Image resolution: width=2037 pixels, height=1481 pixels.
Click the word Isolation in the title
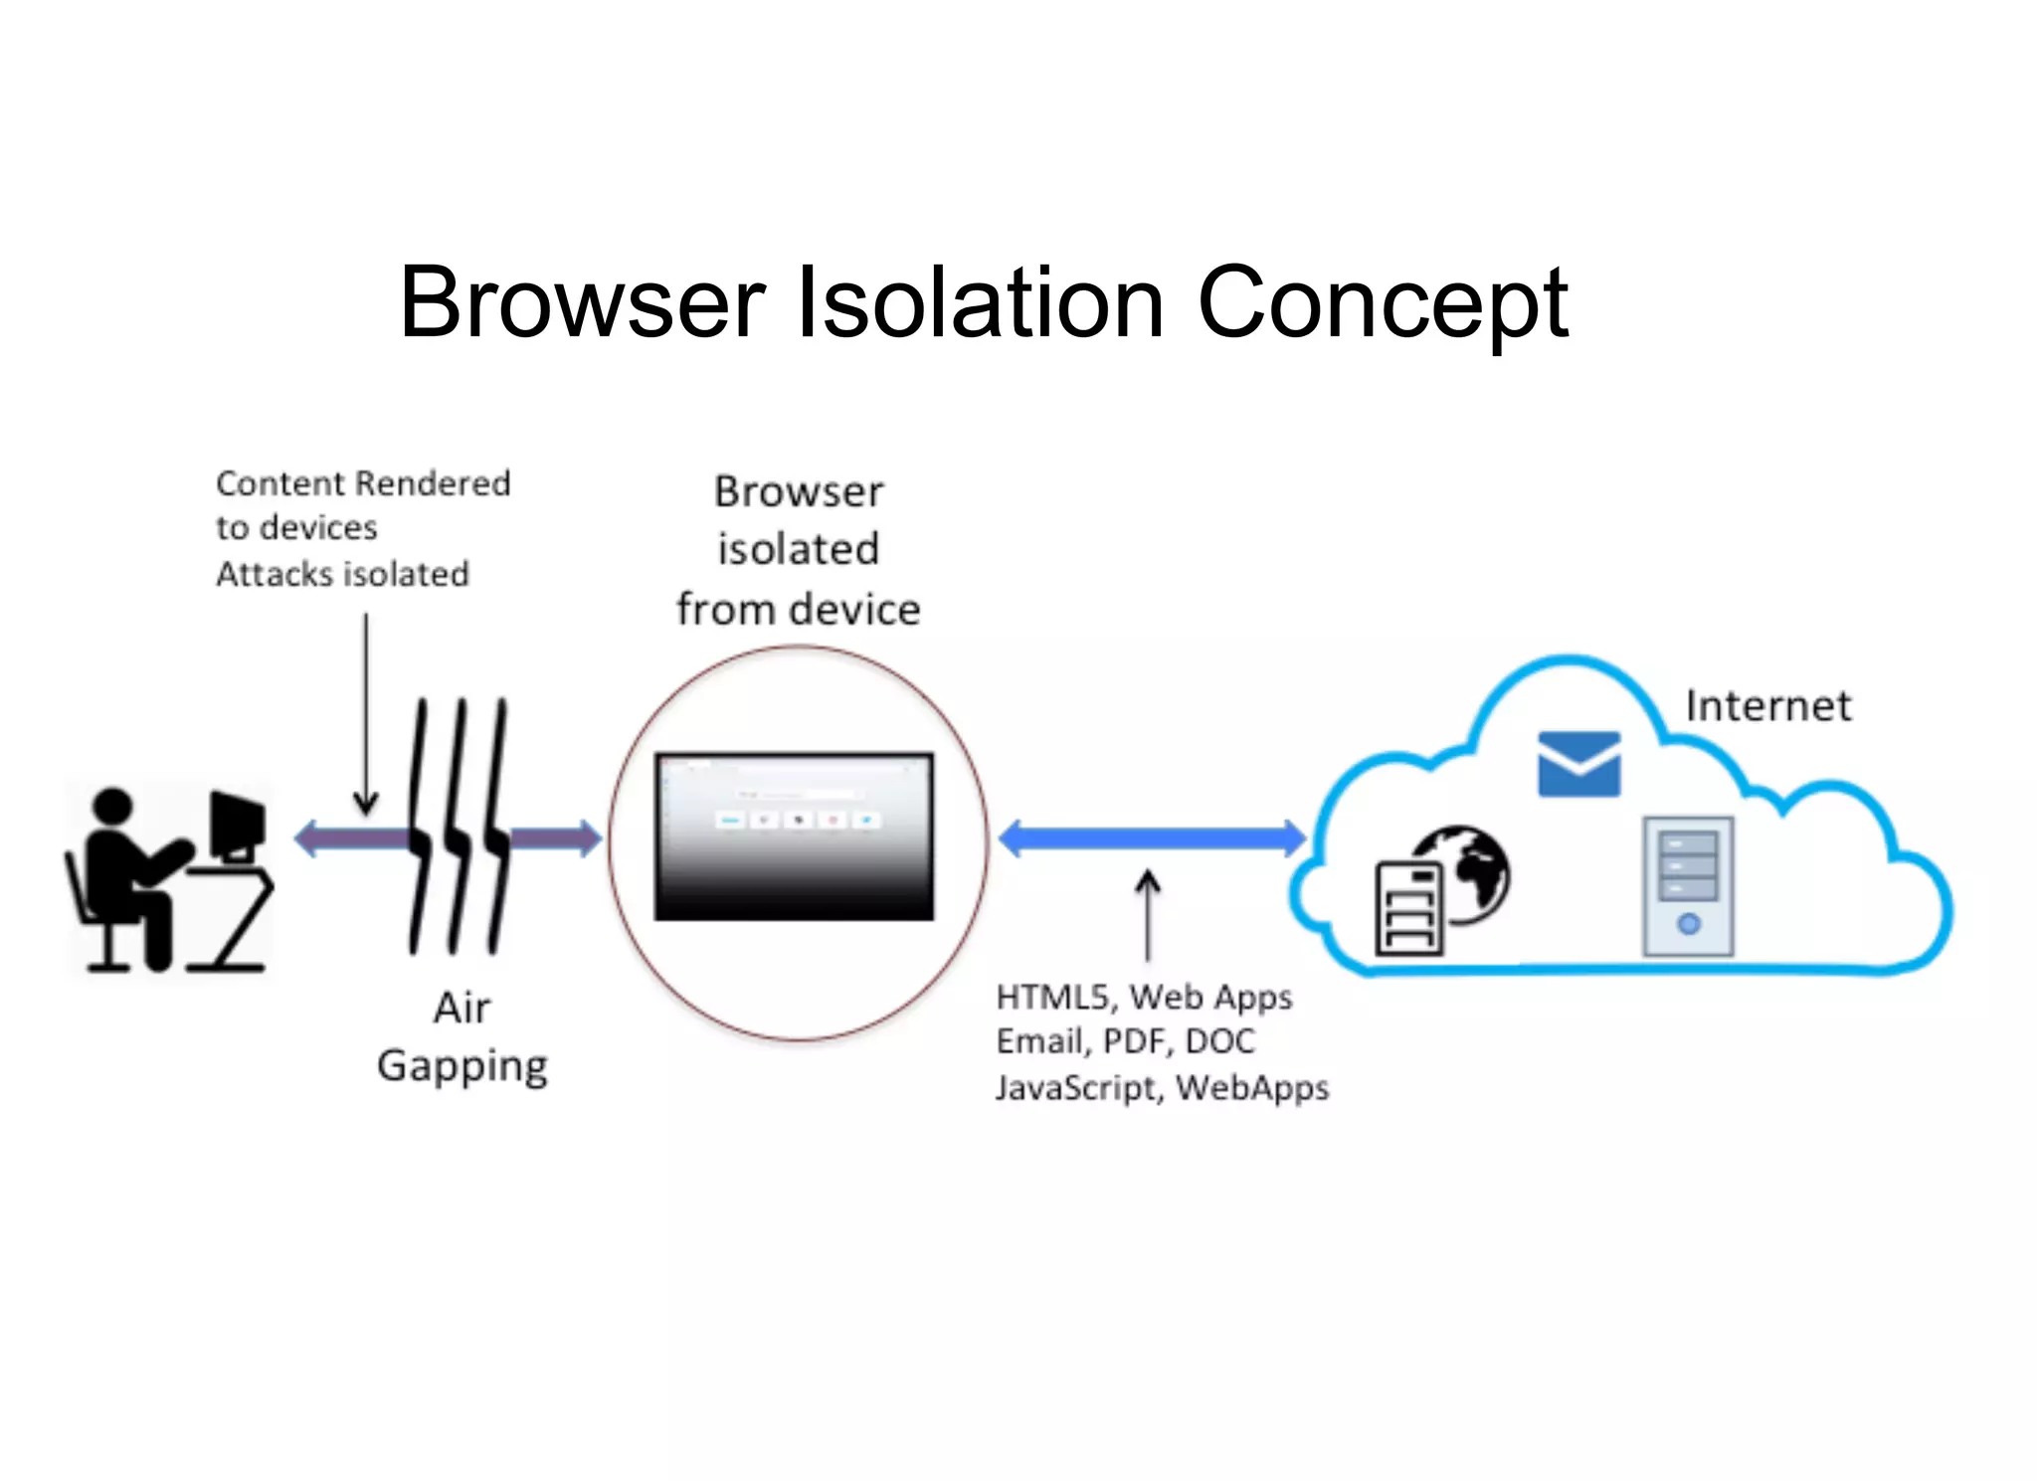tap(981, 302)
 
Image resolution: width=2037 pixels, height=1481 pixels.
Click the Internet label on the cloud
tap(1767, 706)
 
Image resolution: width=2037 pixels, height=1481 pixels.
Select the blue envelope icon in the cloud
tap(1578, 764)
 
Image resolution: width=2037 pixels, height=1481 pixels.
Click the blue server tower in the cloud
tap(1688, 886)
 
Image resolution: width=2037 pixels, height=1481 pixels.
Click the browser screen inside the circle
tap(794, 836)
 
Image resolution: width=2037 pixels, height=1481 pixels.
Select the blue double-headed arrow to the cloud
tap(1152, 838)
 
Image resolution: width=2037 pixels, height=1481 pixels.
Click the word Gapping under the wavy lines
tap(463, 1066)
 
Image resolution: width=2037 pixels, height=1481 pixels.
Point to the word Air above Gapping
tap(463, 1009)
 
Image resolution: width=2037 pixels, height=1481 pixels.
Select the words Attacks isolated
tap(342, 575)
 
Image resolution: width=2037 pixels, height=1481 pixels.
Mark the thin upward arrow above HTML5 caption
tap(1148, 915)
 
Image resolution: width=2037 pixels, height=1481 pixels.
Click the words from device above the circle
tap(798, 610)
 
